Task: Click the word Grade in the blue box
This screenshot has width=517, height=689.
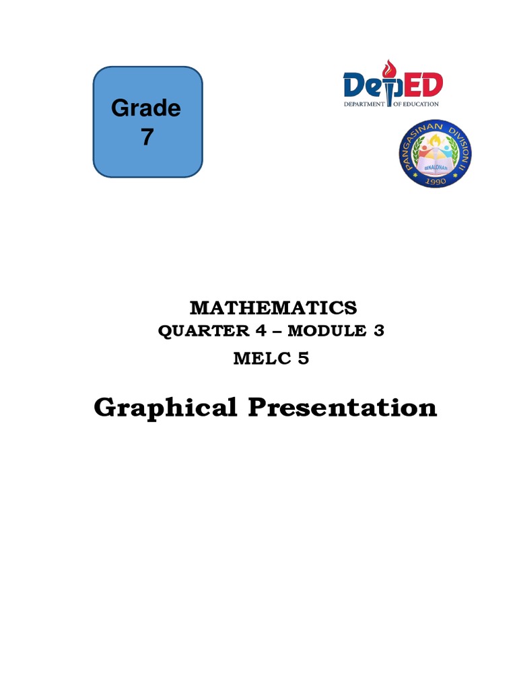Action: pos(146,108)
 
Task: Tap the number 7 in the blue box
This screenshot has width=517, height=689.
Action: pos(147,137)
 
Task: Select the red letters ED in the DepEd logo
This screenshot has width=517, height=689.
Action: pos(425,85)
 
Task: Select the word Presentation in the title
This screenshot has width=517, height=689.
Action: pos(343,407)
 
